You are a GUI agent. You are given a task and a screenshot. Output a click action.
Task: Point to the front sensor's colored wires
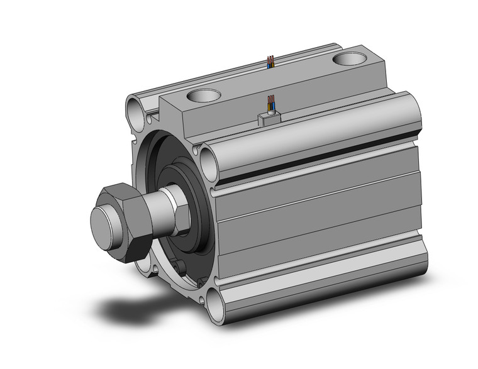coord(272,102)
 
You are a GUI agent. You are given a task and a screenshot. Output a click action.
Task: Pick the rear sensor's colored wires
coord(270,62)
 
